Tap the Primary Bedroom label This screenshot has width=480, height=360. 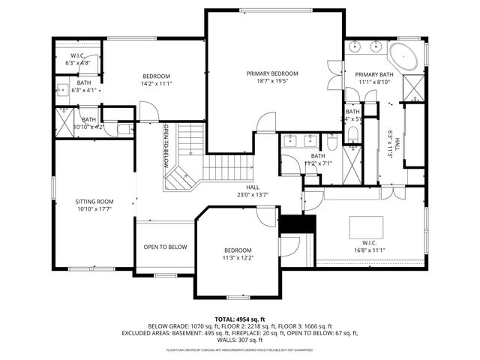pyautogui.click(x=273, y=73)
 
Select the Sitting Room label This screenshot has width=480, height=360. pyautogui.click(x=94, y=202)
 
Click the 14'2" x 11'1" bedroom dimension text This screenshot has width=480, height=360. pyautogui.click(x=157, y=85)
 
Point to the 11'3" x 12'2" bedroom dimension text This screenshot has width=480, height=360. pyautogui.click(x=237, y=258)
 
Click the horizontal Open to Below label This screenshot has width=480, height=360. pyautogui.click(x=165, y=247)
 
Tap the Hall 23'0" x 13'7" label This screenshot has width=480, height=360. pyautogui.click(x=253, y=191)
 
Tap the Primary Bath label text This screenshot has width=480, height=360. pyautogui.click(x=373, y=74)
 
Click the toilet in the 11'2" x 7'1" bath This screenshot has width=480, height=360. pyautogui.click(x=331, y=141)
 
